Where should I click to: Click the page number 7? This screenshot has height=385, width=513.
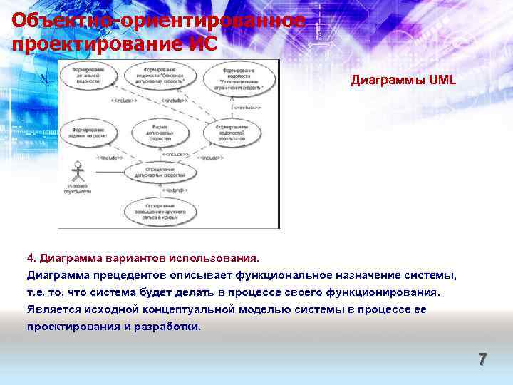point(482,359)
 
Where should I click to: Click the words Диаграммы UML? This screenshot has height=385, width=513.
point(403,81)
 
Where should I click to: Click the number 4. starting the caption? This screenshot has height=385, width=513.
point(31,256)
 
